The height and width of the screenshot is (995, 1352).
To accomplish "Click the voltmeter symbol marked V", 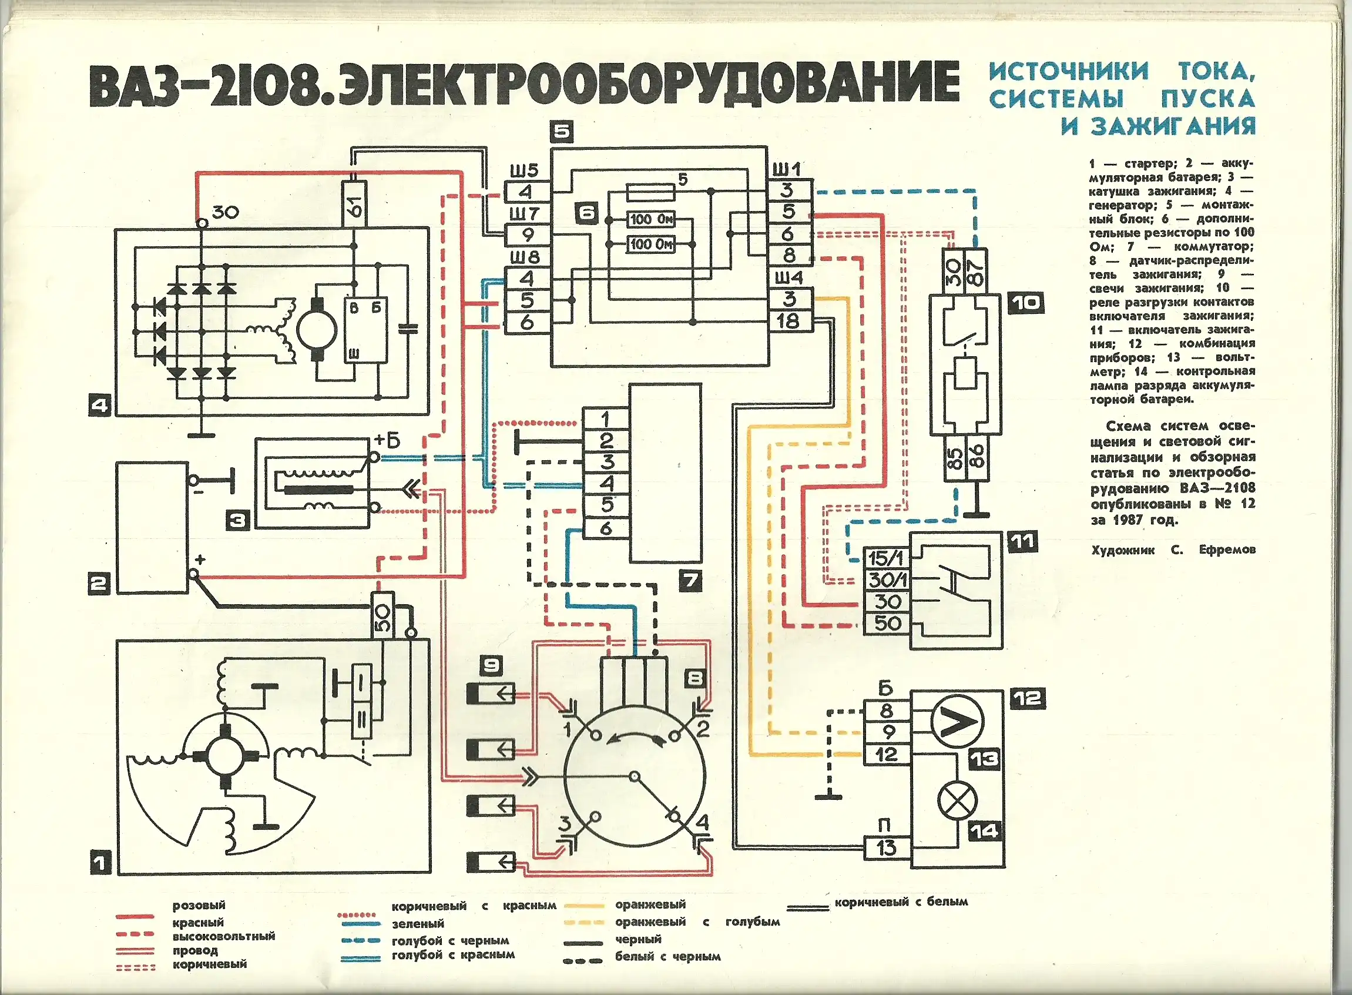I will [957, 721].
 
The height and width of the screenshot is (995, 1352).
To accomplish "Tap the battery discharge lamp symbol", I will [958, 802].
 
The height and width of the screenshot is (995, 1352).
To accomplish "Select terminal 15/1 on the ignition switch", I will [886, 558].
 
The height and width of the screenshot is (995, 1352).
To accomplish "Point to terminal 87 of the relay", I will [975, 271].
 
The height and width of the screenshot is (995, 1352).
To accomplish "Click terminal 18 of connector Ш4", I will [789, 321].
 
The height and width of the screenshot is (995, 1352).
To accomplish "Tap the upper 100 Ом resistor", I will [650, 219].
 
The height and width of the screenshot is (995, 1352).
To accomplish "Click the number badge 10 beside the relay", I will [1027, 302].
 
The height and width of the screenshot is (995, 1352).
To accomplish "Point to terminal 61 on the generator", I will [354, 203].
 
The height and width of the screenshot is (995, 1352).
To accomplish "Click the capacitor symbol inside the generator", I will [408, 329].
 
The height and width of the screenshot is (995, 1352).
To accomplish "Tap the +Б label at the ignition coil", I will [387, 441].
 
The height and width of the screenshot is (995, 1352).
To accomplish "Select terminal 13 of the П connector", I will [887, 848].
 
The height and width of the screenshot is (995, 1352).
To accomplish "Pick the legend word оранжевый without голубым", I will [650, 904].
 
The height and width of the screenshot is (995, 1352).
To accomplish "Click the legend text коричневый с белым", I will [901, 902].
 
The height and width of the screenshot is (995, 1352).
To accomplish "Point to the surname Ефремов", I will [1227, 550].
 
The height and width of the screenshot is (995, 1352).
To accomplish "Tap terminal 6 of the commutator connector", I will [606, 528].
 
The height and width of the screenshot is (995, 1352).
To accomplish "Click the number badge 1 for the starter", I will [100, 865].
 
